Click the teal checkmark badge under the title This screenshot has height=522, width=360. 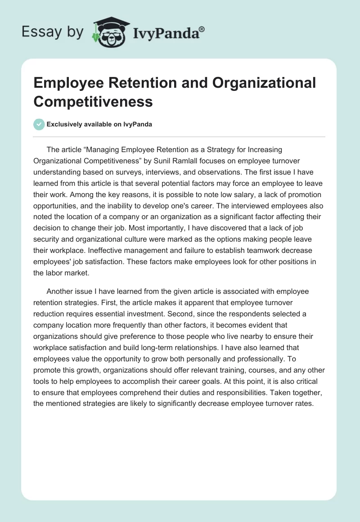click(39, 124)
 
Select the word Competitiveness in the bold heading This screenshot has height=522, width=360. click(93, 101)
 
